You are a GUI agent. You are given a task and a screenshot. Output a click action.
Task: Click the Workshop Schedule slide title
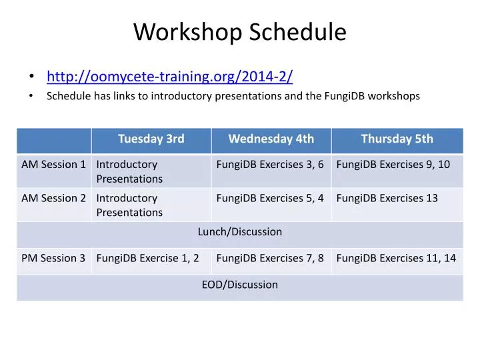point(240,32)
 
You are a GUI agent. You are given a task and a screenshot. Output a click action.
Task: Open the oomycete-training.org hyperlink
point(169,76)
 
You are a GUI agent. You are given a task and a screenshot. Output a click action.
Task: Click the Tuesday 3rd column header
point(151,139)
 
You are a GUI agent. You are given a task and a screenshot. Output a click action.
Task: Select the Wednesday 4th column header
point(271,139)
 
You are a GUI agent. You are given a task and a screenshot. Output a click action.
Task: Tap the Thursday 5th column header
point(397,139)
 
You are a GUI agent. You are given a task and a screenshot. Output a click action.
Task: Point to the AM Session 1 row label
point(53,164)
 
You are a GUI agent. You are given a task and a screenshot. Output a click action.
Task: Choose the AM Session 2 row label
point(53,198)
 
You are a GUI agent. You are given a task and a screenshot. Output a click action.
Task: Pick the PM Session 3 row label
point(53,258)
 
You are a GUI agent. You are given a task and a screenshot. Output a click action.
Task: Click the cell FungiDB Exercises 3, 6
point(270,164)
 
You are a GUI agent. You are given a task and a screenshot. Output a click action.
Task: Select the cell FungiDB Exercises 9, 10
point(393,164)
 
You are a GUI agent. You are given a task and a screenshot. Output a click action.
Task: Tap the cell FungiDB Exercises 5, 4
point(270,198)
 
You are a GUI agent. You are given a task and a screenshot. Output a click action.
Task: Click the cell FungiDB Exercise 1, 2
point(147,258)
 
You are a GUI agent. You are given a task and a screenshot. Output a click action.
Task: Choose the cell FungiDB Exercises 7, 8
point(270,258)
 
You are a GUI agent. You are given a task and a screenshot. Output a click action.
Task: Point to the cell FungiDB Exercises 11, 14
point(396,258)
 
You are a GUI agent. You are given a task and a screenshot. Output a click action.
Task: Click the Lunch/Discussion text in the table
point(240,231)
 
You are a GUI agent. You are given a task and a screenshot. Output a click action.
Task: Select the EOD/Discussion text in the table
point(240,285)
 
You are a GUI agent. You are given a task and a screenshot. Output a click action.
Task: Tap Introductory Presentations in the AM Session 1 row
point(129,171)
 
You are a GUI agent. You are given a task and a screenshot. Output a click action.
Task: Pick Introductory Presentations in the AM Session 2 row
point(129,205)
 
